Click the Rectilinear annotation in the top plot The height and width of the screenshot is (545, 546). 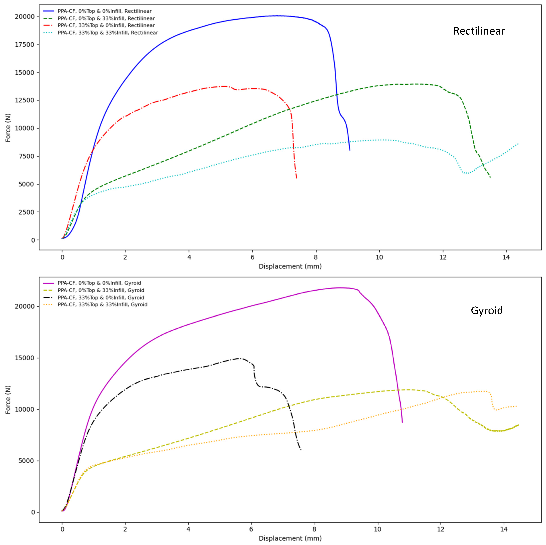(479, 31)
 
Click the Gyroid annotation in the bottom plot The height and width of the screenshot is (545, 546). (487, 310)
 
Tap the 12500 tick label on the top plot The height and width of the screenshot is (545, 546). (24, 100)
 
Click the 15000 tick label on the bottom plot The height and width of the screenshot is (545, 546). (24, 358)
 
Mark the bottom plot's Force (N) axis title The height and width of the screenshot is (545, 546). (8, 400)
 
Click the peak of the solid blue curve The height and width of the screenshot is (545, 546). (278, 16)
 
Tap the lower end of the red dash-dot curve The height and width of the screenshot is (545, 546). (297, 178)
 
